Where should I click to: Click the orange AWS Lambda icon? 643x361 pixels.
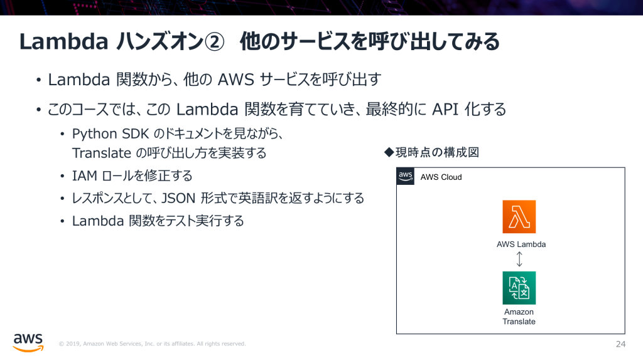click(519, 217)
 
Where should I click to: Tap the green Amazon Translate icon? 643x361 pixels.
click(519, 288)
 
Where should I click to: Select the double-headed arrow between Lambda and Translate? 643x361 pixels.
click(519, 259)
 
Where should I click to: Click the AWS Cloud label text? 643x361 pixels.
click(441, 177)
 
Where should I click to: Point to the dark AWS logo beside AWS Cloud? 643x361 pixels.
click(406, 176)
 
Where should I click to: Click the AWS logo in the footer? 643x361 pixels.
click(28, 342)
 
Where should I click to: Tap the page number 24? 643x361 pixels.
click(621, 344)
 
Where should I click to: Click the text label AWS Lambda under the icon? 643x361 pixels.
click(521, 244)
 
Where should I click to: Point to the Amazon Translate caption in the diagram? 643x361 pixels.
click(519, 317)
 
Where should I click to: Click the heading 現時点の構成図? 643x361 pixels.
click(438, 152)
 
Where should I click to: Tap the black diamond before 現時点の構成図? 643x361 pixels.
click(388, 152)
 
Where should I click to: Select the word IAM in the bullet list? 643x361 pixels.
click(84, 175)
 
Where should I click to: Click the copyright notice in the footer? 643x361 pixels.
click(152, 344)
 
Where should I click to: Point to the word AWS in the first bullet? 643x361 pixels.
click(234, 80)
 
